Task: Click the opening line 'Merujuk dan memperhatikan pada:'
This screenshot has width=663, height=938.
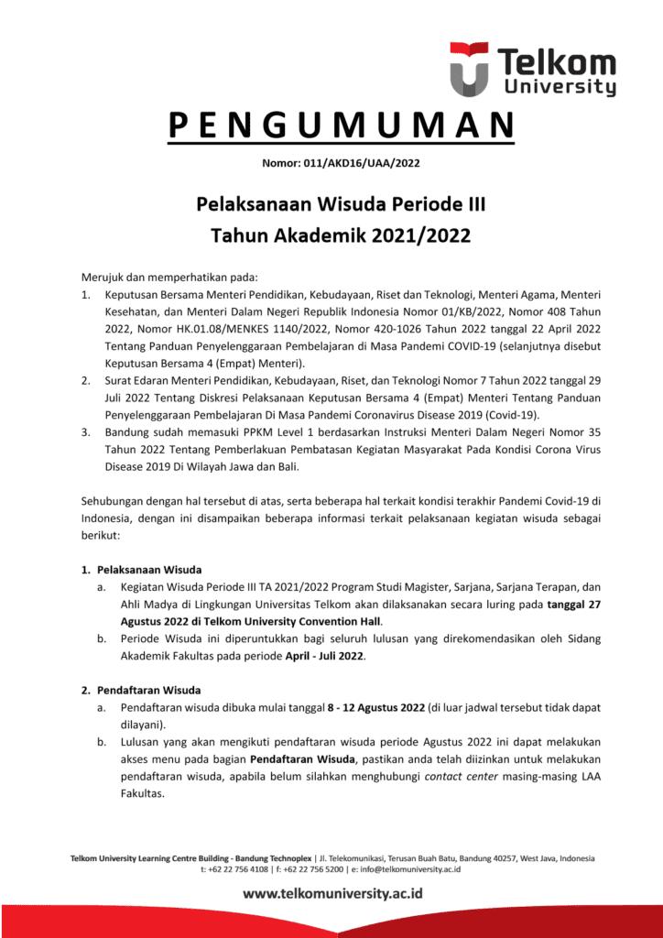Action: (169, 276)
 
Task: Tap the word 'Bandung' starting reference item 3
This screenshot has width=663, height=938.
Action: (126, 431)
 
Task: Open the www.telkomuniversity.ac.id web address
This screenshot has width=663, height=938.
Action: (332, 894)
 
